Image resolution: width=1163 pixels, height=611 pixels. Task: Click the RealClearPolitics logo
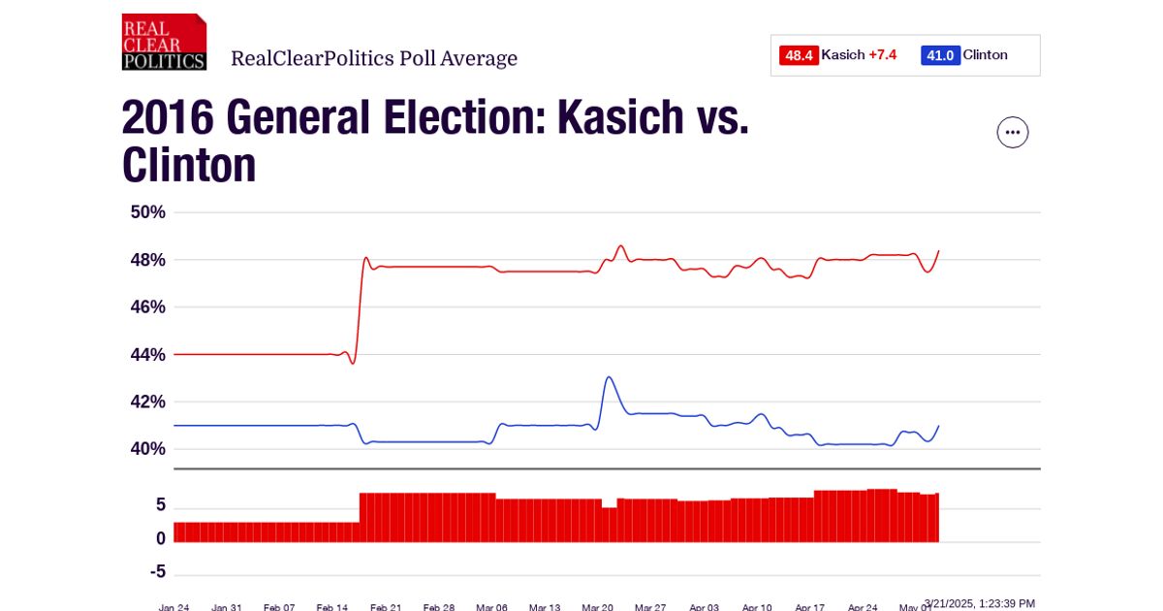point(164,42)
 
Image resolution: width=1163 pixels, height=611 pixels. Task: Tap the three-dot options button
point(1013,132)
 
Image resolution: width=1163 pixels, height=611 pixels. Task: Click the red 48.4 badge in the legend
point(799,55)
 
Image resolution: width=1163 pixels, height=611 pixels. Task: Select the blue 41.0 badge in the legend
point(940,55)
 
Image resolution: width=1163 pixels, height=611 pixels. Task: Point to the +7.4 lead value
point(882,55)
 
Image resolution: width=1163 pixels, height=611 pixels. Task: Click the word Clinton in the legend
point(985,55)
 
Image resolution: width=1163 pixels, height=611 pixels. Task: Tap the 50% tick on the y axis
point(148,212)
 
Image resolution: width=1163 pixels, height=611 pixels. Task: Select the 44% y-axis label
point(148,355)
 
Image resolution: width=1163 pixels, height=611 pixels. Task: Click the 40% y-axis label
point(148,449)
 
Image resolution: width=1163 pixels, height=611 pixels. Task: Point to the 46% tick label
point(148,307)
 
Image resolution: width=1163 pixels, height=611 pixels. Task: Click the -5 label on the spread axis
point(157,572)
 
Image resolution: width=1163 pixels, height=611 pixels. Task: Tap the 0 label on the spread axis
point(160,538)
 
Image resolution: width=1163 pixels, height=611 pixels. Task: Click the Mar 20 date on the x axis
point(597,607)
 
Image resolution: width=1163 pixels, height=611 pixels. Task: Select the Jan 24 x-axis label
point(174,607)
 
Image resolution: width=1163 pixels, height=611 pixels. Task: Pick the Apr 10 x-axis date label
point(757,607)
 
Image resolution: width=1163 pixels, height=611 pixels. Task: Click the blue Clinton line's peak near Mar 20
point(609,377)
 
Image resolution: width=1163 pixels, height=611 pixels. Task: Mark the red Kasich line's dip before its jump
point(353,363)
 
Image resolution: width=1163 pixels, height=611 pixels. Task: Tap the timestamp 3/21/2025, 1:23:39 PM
point(979,603)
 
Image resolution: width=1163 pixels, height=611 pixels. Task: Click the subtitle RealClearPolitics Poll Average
point(374,59)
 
